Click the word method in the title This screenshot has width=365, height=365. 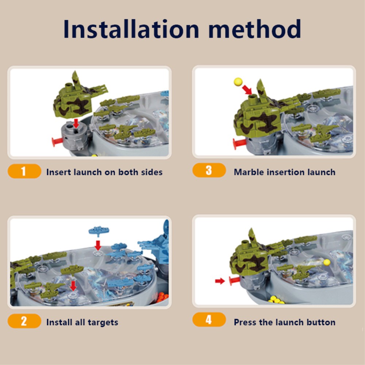pos(255,29)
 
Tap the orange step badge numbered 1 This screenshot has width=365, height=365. pos(24,171)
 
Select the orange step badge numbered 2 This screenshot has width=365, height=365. pos(24,321)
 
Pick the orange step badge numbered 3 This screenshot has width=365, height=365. pos(209,170)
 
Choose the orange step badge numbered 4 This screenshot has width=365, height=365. pos(209,320)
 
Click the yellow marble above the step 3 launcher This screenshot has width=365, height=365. pos(238,82)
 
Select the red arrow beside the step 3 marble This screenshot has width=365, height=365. pos(247,90)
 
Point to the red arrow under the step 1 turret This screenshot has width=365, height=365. pos(76,123)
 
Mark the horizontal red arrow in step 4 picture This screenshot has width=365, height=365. pos(220,281)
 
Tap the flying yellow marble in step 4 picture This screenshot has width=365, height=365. pos(327,262)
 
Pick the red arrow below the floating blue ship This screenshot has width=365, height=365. pos(98,245)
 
